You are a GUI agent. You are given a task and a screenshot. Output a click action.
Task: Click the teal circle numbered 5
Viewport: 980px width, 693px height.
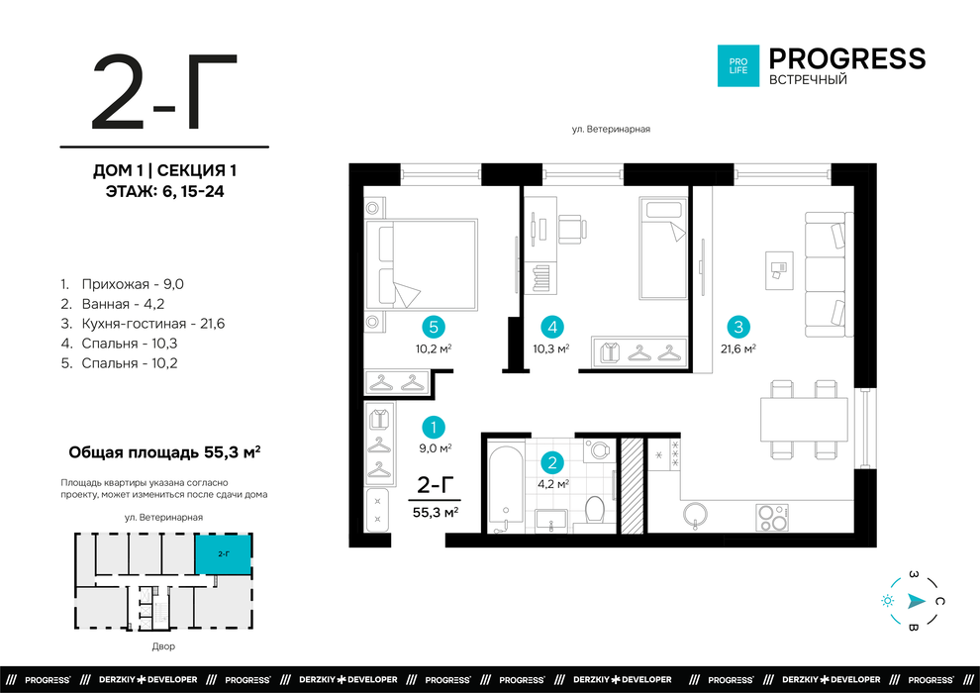(434, 327)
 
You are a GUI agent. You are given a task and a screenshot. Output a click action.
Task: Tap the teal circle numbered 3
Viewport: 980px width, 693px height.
(738, 327)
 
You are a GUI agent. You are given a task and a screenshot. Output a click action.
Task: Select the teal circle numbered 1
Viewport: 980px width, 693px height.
(434, 428)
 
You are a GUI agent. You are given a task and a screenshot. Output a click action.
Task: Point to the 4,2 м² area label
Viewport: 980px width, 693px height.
(553, 484)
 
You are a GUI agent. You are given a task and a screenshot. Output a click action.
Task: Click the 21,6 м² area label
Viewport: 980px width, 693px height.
(738, 348)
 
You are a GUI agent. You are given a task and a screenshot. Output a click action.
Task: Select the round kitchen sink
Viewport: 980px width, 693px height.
(696, 516)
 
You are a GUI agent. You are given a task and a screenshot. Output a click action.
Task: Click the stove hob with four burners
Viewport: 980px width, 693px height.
(772, 518)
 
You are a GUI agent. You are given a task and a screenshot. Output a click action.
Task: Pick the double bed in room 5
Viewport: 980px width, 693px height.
(422, 263)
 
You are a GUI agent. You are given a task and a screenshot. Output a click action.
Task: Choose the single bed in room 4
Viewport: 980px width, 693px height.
(662, 248)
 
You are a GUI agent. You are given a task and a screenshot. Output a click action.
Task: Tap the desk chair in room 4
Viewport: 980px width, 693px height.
(572, 229)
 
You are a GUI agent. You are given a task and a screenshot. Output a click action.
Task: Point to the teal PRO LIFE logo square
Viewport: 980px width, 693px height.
(738, 65)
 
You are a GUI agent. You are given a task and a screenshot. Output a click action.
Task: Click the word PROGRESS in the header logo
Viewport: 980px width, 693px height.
(847, 58)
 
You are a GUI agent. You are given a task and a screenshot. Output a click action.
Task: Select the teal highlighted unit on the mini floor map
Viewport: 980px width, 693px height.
(223, 554)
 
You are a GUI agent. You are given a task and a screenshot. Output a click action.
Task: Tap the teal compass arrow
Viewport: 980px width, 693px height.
(917, 601)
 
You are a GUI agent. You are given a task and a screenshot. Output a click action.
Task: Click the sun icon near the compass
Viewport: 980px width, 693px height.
(887, 601)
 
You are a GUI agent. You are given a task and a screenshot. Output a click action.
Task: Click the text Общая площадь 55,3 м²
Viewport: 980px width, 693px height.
(164, 451)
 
